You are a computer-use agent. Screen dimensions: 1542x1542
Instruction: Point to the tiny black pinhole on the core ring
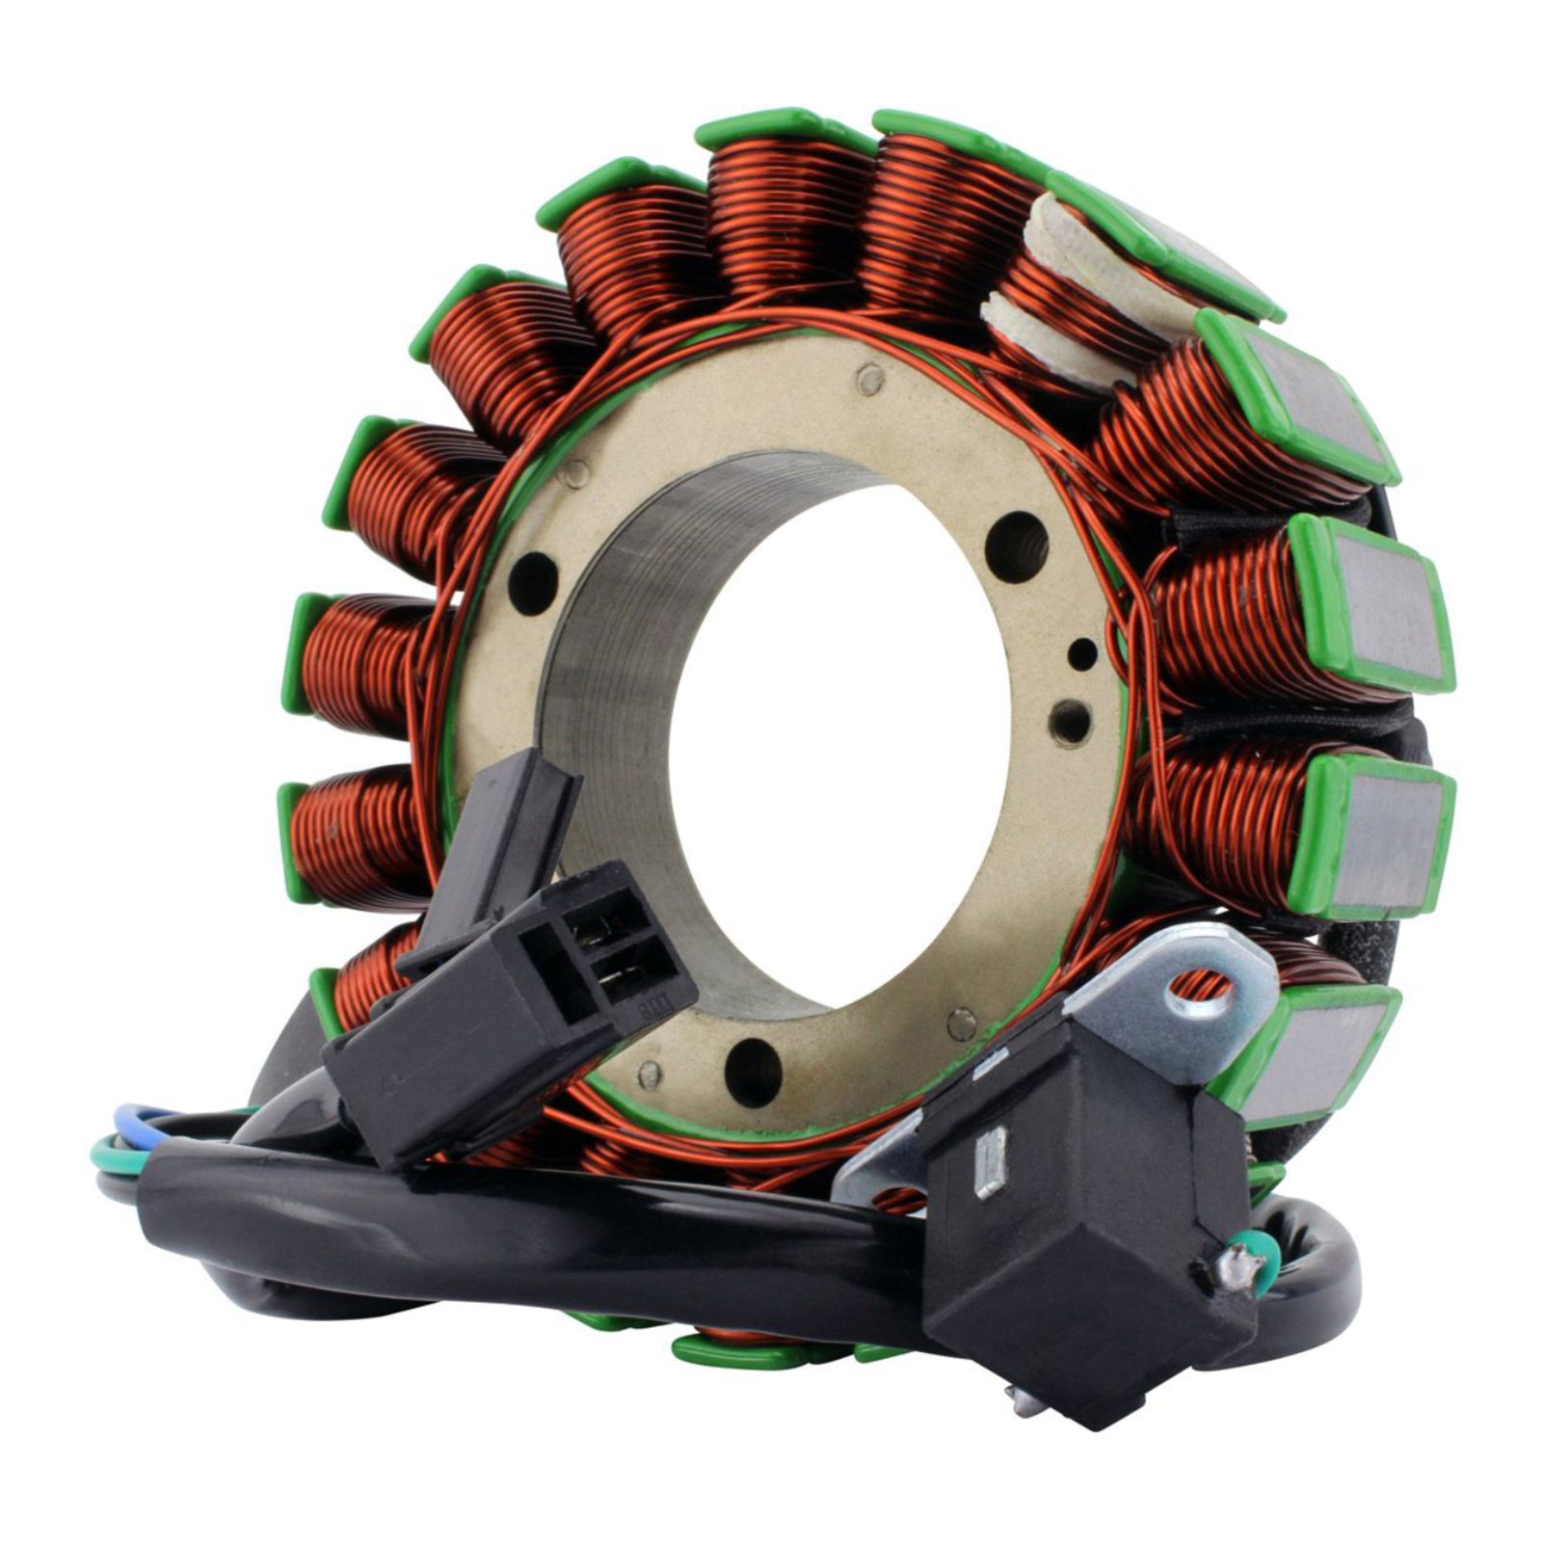(x=1084, y=652)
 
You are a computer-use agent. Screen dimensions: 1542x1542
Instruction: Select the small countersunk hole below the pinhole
(x=1072, y=717)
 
